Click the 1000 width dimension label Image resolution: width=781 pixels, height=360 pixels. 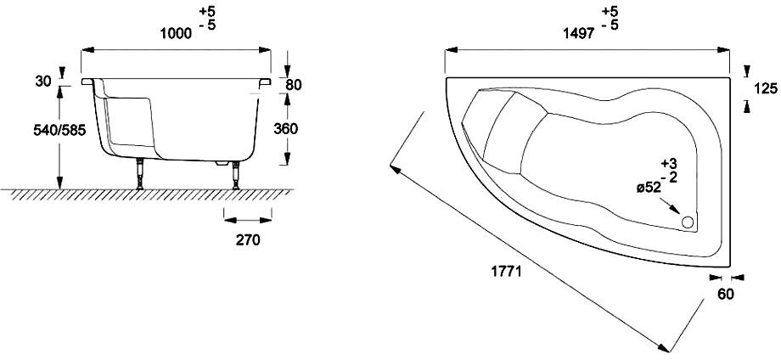[176, 33]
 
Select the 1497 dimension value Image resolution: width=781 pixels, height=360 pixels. [579, 33]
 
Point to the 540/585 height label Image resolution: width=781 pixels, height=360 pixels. [59, 130]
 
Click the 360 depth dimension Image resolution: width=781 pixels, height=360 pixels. [286, 128]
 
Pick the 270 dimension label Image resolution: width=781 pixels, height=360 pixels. [248, 240]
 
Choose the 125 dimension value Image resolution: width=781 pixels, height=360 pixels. [766, 88]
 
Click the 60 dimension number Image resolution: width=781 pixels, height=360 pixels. [726, 295]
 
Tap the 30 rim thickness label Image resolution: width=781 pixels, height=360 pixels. [43, 82]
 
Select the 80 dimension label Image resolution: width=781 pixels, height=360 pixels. [294, 85]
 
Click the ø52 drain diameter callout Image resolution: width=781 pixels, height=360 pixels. [649, 188]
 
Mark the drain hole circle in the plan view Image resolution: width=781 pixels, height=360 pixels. [688, 222]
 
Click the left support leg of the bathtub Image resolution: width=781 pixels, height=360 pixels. [140, 174]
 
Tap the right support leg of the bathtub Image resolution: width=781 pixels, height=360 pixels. [236, 175]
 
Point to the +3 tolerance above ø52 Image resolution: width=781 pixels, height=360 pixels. [670, 163]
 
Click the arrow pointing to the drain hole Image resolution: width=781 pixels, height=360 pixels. [670, 206]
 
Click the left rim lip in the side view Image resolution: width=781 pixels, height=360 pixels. [87, 82]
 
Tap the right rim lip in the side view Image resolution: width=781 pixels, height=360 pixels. [265, 82]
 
